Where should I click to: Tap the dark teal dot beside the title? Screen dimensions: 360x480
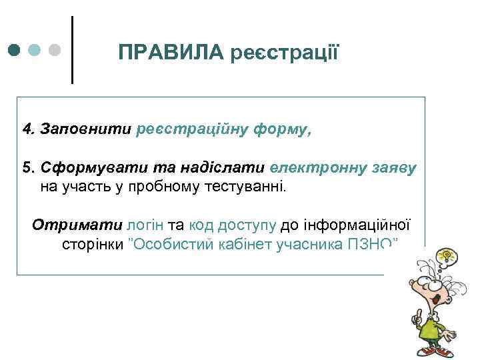pyautogui.click(x=15, y=50)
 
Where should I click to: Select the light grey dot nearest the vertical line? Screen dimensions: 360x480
pyautogui.click(x=55, y=50)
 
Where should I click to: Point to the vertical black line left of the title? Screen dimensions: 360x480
pyautogui.click(x=71, y=50)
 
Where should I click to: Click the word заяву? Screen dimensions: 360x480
pyautogui.click(x=392, y=167)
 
